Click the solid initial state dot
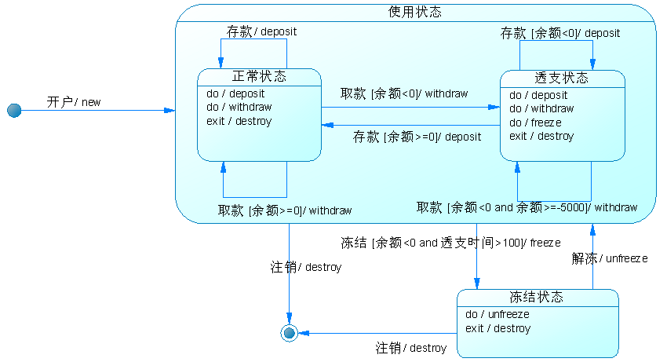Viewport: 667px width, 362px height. point(13,111)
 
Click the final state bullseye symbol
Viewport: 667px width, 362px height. point(290,333)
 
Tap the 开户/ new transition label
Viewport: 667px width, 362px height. point(74,102)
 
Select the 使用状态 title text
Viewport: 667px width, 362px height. point(415,12)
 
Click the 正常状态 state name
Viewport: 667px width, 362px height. point(259,77)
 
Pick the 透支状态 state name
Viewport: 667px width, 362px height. point(562,79)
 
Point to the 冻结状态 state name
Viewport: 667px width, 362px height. point(537,297)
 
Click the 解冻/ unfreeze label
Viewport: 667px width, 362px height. point(610,258)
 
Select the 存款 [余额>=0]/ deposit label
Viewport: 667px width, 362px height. point(417,136)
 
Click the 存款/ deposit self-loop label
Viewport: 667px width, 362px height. point(262,32)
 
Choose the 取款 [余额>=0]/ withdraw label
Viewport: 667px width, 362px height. point(285,210)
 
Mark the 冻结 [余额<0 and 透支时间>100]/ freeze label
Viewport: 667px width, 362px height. point(450,243)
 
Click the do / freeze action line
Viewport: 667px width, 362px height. point(535,122)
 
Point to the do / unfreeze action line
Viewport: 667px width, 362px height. point(497,314)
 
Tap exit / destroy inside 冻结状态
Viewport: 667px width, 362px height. point(498,328)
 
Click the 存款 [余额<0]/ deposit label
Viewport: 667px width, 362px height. point(560,33)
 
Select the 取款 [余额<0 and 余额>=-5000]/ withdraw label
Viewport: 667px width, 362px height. point(527,207)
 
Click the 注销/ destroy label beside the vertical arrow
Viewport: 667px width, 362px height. point(306,267)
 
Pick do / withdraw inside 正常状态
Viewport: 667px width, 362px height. point(239,107)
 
